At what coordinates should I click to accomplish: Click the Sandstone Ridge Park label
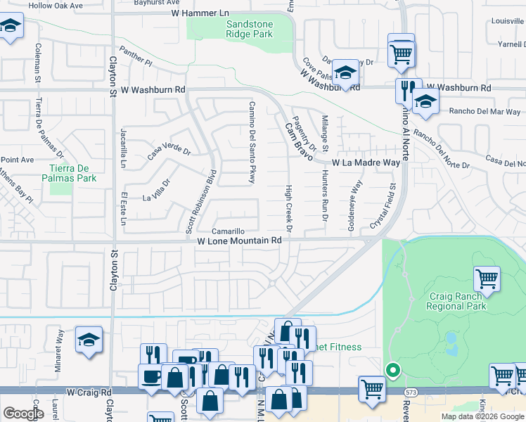coord(243,28)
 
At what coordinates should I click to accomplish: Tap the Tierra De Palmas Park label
coord(72,173)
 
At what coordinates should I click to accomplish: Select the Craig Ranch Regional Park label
coord(456,301)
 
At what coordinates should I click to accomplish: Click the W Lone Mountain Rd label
coord(239,241)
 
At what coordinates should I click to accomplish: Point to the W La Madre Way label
coord(366,162)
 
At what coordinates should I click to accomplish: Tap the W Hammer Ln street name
coord(200,13)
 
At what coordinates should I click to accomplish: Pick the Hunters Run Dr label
coord(326,199)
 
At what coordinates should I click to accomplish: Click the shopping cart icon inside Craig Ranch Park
coord(487,279)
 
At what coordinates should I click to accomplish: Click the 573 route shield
coord(411,390)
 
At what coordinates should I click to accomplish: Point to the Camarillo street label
coord(229,231)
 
